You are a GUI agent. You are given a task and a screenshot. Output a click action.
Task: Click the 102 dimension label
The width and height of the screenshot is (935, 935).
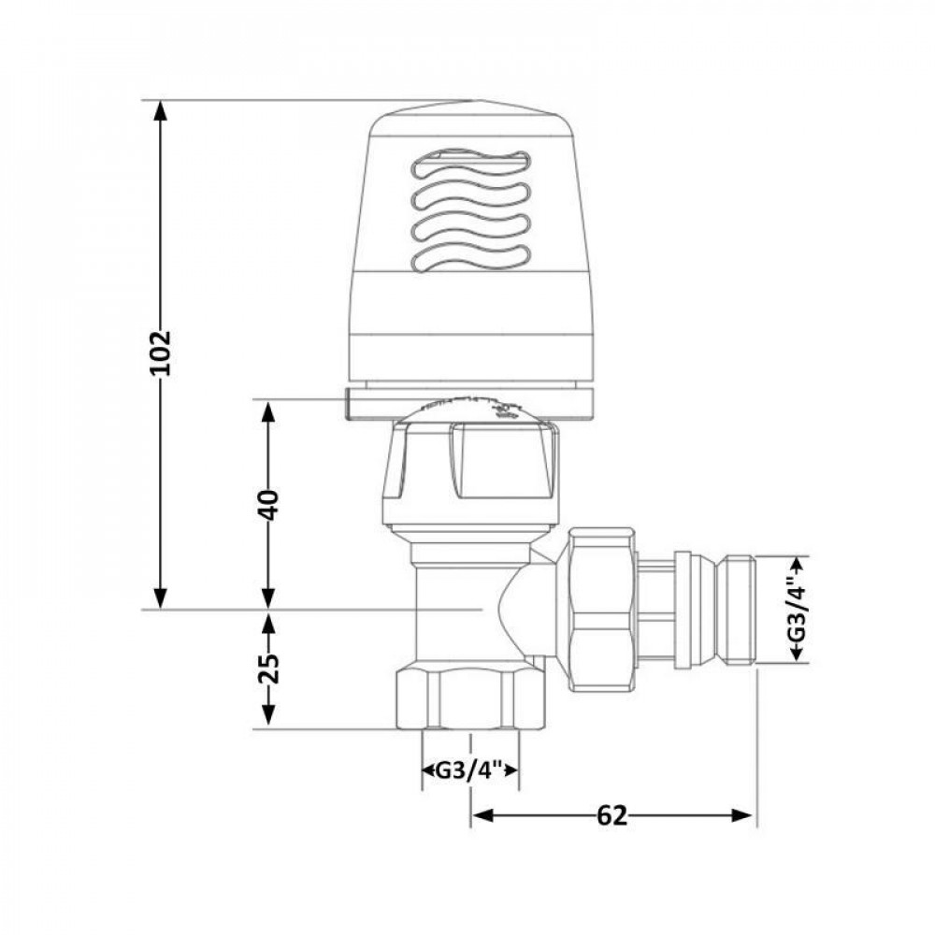[161, 352]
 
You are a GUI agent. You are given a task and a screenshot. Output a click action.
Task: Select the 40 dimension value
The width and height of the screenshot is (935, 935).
[268, 505]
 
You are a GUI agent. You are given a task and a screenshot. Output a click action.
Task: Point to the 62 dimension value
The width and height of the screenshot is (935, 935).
[611, 815]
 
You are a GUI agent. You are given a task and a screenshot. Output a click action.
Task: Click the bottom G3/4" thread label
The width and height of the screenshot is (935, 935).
[470, 772]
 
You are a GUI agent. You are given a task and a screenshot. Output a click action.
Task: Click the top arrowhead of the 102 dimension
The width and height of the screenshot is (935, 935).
[161, 109]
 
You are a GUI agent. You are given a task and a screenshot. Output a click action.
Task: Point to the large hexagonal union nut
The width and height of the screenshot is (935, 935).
[600, 610]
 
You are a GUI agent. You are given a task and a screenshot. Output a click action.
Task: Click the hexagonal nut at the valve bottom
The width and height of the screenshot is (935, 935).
[469, 697]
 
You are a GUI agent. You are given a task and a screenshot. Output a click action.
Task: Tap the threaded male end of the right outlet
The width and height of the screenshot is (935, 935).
[739, 610]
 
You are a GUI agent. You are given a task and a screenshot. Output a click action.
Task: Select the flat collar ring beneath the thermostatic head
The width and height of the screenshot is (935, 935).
[469, 401]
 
